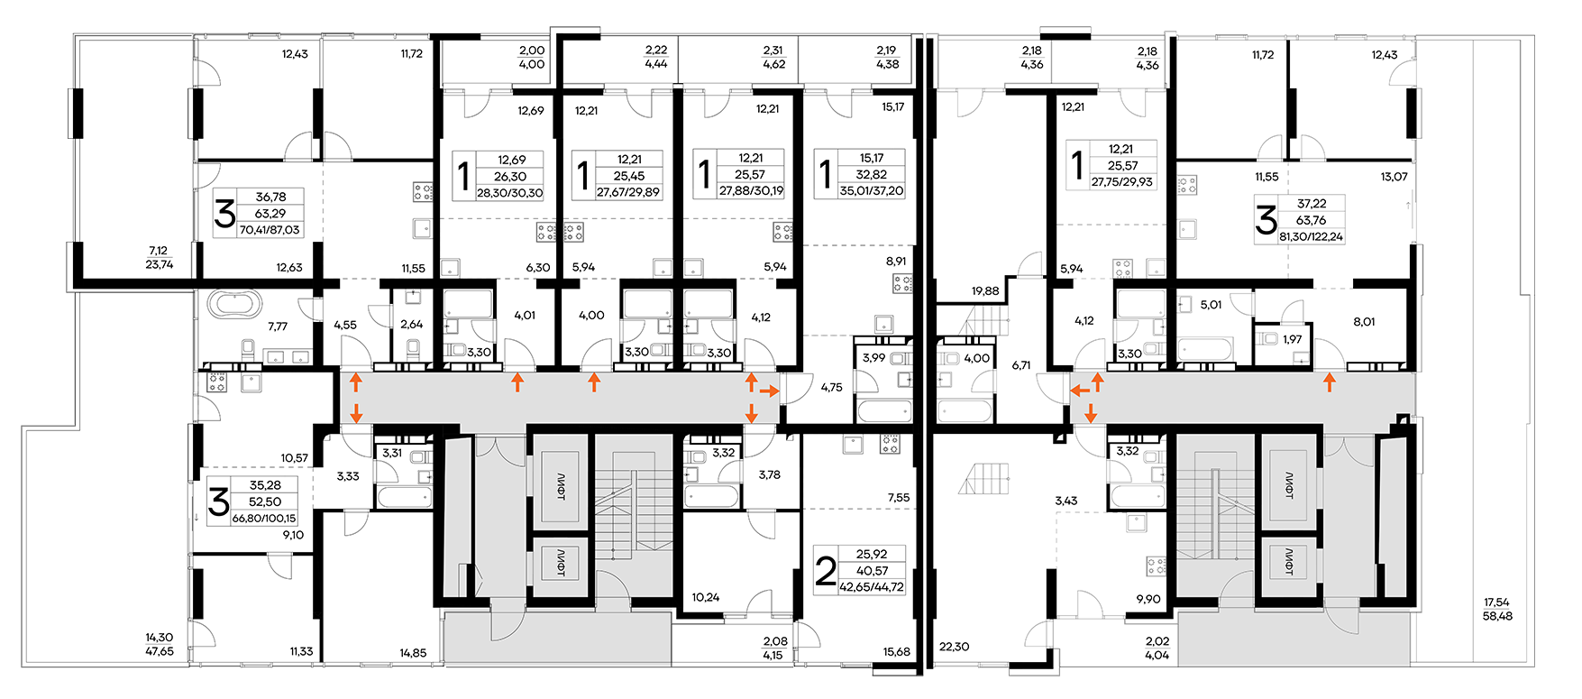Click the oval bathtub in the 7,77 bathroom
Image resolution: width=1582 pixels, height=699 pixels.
click(x=233, y=303)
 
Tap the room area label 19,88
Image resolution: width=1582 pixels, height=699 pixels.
click(x=985, y=290)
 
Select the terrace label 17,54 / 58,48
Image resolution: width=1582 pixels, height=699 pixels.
click(x=1497, y=609)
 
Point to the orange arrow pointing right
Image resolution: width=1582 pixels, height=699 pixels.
click(x=770, y=391)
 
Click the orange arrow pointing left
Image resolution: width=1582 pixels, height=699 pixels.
click(x=1079, y=391)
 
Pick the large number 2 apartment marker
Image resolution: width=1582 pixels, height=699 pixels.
click(x=825, y=571)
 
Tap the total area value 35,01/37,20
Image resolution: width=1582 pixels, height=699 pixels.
click(x=871, y=191)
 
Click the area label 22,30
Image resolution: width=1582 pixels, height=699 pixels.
click(x=954, y=647)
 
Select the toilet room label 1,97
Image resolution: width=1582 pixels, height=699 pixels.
click(x=1293, y=339)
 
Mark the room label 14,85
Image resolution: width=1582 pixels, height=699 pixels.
click(x=413, y=653)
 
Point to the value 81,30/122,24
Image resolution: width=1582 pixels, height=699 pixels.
click(x=1311, y=236)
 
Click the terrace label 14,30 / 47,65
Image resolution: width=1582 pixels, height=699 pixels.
click(x=160, y=644)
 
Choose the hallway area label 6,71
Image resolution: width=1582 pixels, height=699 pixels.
click(x=1021, y=365)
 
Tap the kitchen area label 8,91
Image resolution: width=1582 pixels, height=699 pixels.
click(x=896, y=262)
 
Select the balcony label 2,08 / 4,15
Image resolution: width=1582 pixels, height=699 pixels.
click(x=774, y=648)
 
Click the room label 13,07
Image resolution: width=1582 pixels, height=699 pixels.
click(x=1394, y=177)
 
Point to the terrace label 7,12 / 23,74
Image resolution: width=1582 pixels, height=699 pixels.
click(x=159, y=258)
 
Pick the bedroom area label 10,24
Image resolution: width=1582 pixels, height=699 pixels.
click(x=706, y=597)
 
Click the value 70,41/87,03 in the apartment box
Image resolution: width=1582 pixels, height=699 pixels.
click(x=270, y=230)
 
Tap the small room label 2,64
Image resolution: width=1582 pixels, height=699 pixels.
click(x=411, y=325)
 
